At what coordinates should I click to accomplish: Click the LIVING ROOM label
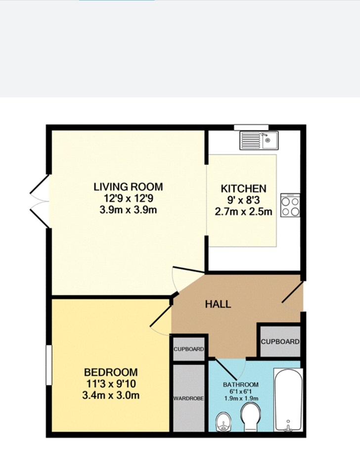pyautogui.click(x=128, y=187)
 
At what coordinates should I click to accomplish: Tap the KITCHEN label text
pyautogui.click(x=243, y=189)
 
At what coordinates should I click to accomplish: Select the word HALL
pyautogui.click(x=218, y=304)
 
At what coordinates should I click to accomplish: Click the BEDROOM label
pyautogui.click(x=111, y=372)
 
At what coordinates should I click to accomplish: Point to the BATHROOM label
pyautogui.click(x=241, y=384)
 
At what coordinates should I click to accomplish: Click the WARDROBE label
pyautogui.click(x=189, y=398)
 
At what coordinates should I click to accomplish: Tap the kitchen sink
pyautogui.click(x=259, y=140)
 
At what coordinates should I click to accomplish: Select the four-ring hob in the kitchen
pyautogui.click(x=290, y=205)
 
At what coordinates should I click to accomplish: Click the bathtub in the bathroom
pyautogui.click(x=287, y=400)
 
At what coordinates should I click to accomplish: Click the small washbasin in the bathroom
pyautogui.click(x=224, y=423)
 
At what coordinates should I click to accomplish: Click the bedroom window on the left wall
pyautogui.click(x=48, y=364)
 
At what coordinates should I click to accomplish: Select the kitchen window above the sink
pyautogui.click(x=251, y=127)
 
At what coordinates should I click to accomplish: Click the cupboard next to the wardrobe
pyautogui.click(x=188, y=349)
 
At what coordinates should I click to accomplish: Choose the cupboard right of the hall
pyautogui.click(x=280, y=341)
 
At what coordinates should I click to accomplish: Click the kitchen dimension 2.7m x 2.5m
pyautogui.click(x=243, y=212)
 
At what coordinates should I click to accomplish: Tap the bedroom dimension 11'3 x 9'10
pyautogui.click(x=111, y=383)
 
